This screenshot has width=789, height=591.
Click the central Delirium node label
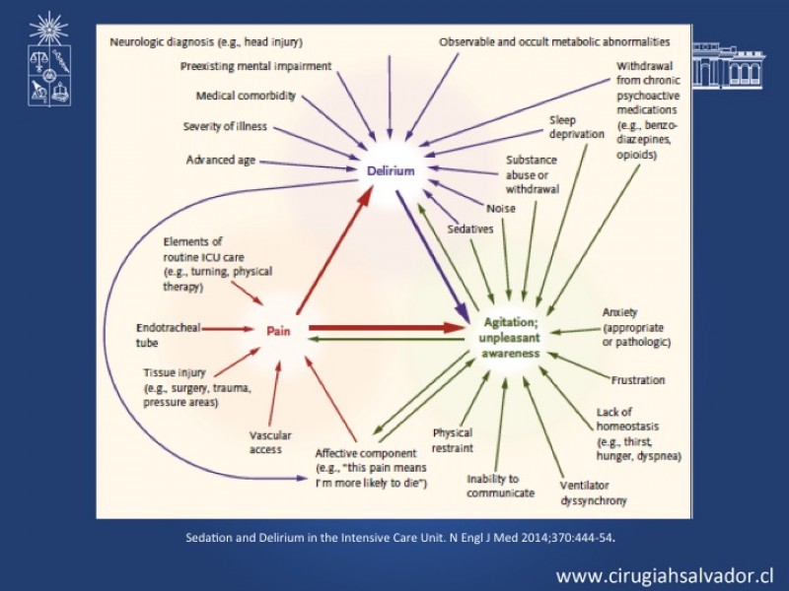coord(391,170)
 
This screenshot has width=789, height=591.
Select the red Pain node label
coord(278,331)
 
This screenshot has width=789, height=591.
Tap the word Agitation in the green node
coord(509,322)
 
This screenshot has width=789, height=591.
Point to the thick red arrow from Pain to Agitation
coord(387,328)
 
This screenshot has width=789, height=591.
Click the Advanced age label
coord(221,160)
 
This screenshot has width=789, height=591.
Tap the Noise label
coord(501,208)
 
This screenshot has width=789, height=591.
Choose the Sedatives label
coord(470,230)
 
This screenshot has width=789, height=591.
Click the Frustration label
coord(638,380)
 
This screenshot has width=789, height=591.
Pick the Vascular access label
coord(270,442)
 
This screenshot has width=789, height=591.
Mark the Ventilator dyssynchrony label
coord(594,493)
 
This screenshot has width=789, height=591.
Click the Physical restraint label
coord(453,440)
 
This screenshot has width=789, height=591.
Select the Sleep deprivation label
coord(577,127)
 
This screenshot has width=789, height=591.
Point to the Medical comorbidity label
coord(246,96)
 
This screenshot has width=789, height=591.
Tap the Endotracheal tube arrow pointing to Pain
coord(228,329)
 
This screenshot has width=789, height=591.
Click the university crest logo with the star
coord(49,59)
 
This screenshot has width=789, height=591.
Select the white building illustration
coord(729,66)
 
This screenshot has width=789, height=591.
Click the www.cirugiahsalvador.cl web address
coord(665,575)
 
